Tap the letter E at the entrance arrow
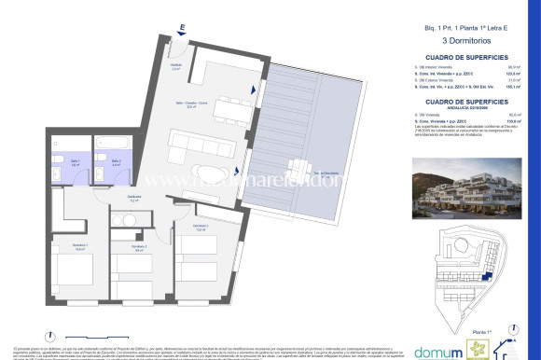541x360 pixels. (x=183, y=28)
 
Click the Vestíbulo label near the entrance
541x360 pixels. (x=174, y=65)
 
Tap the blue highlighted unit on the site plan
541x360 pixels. (x=484, y=278)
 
